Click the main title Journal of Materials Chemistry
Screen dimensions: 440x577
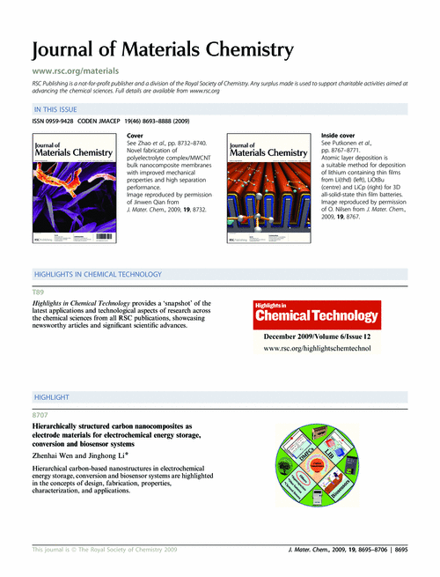pos(162,49)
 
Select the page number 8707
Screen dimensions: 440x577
pos(40,414)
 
